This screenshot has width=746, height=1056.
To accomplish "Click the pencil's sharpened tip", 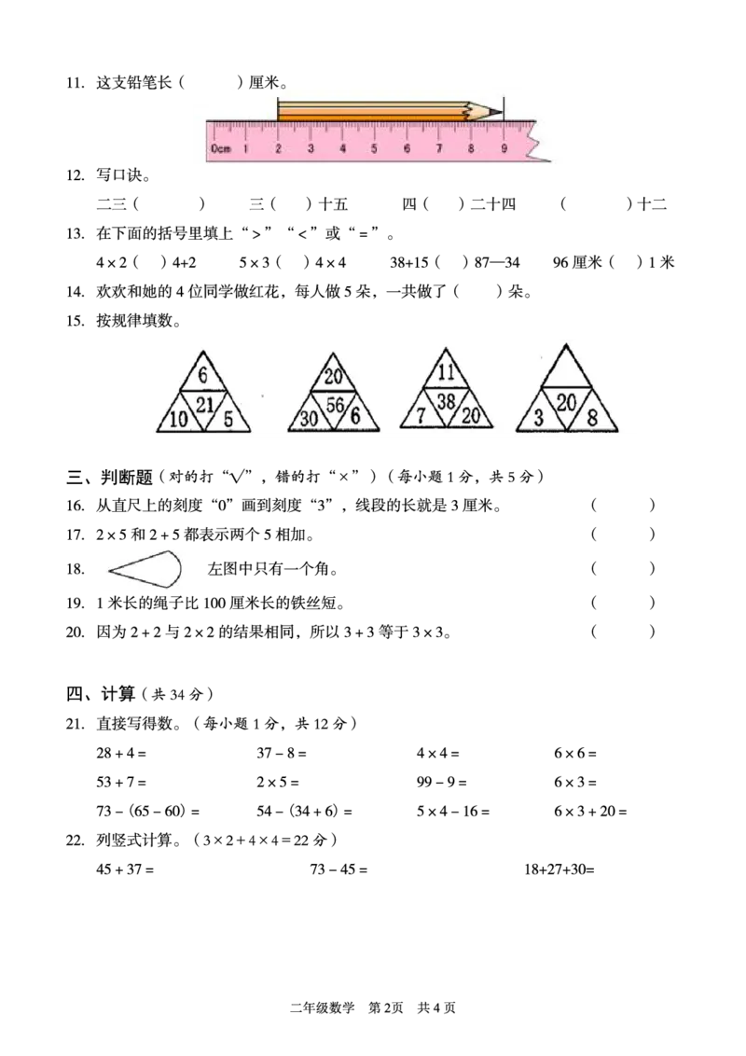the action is point(502,111).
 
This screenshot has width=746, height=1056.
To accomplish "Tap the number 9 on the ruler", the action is point(504,148).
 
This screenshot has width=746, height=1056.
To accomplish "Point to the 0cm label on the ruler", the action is point(221,148).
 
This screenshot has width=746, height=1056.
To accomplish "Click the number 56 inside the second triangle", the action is point(335,405).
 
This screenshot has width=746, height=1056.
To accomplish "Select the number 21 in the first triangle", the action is point(204,404).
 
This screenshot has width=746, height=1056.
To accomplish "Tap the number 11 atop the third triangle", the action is point(446,371).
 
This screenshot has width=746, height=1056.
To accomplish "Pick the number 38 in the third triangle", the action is point(446,401).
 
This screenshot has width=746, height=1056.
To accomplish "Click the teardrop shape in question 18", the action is point(145,570).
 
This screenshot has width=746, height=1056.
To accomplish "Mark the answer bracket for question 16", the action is point(623,505).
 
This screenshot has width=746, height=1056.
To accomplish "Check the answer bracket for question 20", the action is point(623,632).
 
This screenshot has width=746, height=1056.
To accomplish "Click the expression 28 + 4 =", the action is point(121,753).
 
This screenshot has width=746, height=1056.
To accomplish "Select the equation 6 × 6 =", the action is point(575,753).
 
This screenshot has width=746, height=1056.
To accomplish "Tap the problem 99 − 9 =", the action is point(442,782).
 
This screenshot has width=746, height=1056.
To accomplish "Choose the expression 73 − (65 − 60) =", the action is point(148,811).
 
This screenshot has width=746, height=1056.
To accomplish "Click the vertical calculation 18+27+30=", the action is point(559,868).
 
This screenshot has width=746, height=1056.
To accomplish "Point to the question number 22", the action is point(75,840).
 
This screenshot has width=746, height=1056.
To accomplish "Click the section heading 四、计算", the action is point(101,693).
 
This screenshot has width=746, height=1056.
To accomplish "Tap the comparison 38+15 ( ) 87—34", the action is point(455,262).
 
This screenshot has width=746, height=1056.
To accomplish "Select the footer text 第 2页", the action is point(386,1007).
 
